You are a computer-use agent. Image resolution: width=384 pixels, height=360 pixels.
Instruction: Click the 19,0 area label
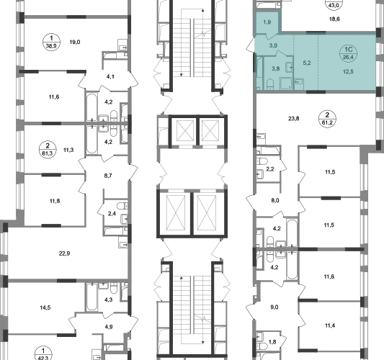click(x=75, y=42)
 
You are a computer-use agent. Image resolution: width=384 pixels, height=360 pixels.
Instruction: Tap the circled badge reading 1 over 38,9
click(x=51, y=42)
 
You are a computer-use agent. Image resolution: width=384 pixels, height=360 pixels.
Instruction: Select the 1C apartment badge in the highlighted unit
click(x=348, y=53)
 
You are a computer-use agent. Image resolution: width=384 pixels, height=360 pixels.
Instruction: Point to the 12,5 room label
click(x=348, y=72)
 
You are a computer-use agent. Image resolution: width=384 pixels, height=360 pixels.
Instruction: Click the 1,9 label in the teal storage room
click(x=267, y=22)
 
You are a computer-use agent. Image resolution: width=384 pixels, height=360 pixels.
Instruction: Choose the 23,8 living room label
click(x=294, y=119)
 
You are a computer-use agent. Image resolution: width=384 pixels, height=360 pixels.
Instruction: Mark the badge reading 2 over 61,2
click(x=327, y=119)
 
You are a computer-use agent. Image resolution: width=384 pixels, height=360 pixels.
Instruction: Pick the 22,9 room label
click(x=64, y=253)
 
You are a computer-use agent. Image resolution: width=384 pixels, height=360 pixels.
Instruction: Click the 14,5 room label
click(x=45, y=307)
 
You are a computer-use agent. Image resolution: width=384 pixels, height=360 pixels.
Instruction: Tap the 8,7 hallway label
click(x=108, y=176)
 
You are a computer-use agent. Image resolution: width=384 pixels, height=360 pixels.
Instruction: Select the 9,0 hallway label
click(x=274, y=307)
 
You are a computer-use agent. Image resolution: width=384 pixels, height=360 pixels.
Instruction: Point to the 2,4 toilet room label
click(x=112, y=214)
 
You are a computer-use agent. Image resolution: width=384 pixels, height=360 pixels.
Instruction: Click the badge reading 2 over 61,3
click(x=48, y=150)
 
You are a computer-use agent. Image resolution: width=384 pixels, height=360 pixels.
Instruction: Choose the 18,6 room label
click(x=334, y=19)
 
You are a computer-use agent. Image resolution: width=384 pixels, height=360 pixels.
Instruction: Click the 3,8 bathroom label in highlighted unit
click(x=276, y=69)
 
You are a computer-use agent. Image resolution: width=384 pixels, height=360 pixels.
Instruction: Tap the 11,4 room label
click(x=330, y=325)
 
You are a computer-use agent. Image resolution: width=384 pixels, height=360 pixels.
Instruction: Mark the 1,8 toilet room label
click(x=272, y=342)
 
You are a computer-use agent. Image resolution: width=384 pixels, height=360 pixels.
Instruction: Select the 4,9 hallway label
click(x=110, y=327)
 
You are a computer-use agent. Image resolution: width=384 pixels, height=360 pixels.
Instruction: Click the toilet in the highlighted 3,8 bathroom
click(x=270, y=84)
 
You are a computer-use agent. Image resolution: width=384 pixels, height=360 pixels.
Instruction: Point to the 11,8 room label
click(x=55, y=201)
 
